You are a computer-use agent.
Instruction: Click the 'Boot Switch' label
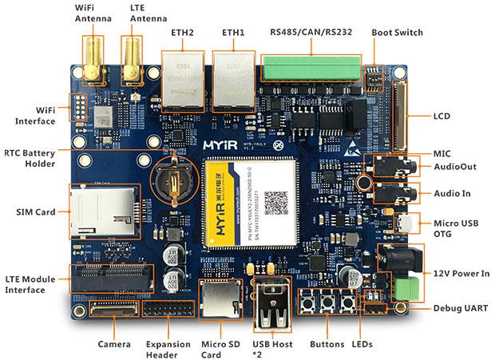point(397,33)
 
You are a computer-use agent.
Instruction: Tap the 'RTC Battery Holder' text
point(28,158)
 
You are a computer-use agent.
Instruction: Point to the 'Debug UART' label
point(461,308)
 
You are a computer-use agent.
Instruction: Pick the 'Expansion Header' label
point(168,349)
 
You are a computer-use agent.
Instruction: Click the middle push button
point(327,303)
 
